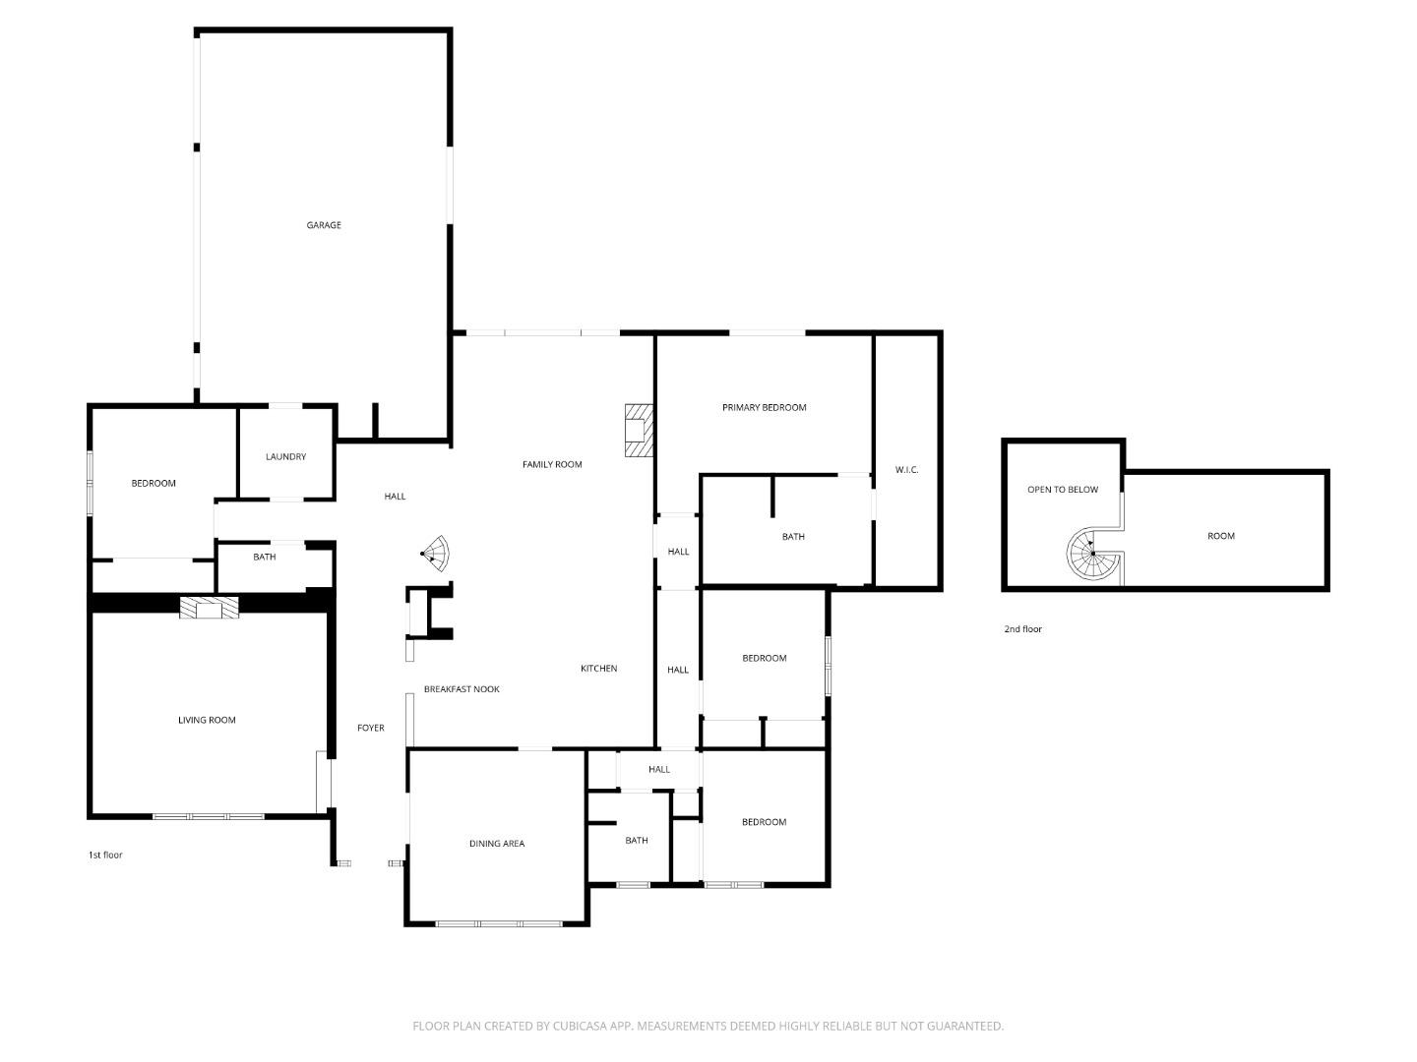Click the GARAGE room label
(324, 225)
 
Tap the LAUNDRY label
(285, 456)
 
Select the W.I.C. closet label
(906, 470)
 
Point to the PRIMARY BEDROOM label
(764, 407)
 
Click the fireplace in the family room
(638, 430)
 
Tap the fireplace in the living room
(209, 609)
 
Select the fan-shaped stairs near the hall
(434, 554)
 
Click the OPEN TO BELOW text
(1062, 489)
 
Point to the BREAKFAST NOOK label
(462, 689)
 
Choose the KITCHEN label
(598, 669)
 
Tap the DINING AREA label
(496, 844)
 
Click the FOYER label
(370, 728)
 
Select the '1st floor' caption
(105, 855)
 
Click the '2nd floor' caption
(1022, 629)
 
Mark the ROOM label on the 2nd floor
(1220, 536)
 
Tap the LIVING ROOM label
(207, 720)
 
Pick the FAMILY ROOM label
(552, 464)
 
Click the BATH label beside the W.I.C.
(793, 537)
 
